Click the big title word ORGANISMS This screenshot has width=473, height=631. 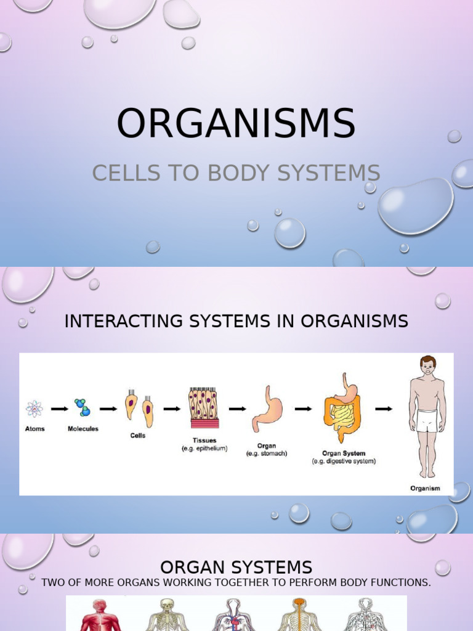click(236, 123)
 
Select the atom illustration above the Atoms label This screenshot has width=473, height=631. click(34, 409)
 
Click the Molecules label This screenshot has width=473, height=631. click(83, 429)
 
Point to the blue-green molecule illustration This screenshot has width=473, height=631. click(81, 407)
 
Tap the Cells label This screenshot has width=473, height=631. click(138, 436)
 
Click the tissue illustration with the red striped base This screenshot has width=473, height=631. click(204, 407)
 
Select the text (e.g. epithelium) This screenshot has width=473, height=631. click(204, 449)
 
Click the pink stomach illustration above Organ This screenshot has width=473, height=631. click(267, 409)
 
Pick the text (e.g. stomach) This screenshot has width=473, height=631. click(267, 454)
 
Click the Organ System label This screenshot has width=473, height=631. click(344, 454)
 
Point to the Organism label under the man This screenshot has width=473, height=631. click(425, 488)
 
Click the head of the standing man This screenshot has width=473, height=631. click(427, 365)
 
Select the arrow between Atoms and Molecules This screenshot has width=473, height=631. click(59, 408)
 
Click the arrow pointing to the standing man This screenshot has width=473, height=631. click(384, 408)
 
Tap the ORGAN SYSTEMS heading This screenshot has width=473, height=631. click(236, 567)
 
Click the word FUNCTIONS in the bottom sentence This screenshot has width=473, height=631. click(398, 582)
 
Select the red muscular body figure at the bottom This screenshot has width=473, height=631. click(99, 615)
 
